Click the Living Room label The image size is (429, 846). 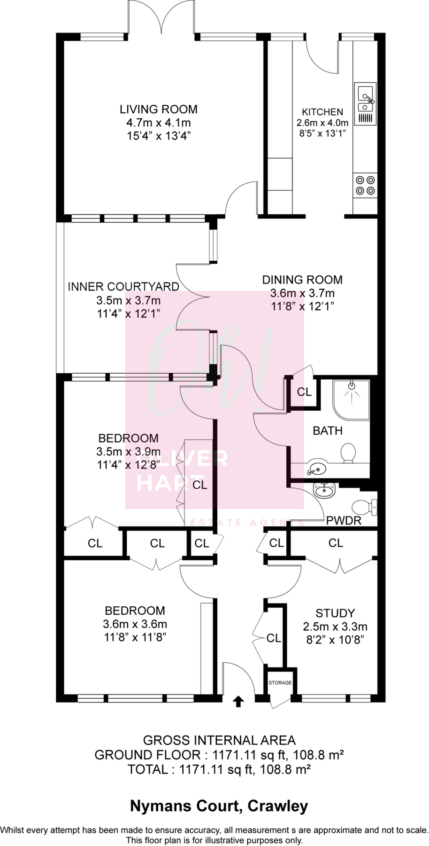point(159,110)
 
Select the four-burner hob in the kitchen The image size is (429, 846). point(365,185)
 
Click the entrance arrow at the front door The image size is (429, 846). point(238,702)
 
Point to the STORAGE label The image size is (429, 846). point(280,682)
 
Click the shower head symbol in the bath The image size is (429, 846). point(351,386)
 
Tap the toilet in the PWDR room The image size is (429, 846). point(364,507)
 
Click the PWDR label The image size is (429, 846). point(344,521)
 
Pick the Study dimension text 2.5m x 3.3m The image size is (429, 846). point(335,627)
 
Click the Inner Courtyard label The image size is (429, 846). point(123,287)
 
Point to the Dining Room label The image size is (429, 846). point(302,280)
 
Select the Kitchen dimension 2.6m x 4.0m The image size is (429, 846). point(322,123)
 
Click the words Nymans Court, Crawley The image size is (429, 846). point(219,806)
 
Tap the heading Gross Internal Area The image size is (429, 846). point(219,740)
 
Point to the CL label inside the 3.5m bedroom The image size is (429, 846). point(200,485)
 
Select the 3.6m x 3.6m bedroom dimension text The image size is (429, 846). point(135,624)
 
